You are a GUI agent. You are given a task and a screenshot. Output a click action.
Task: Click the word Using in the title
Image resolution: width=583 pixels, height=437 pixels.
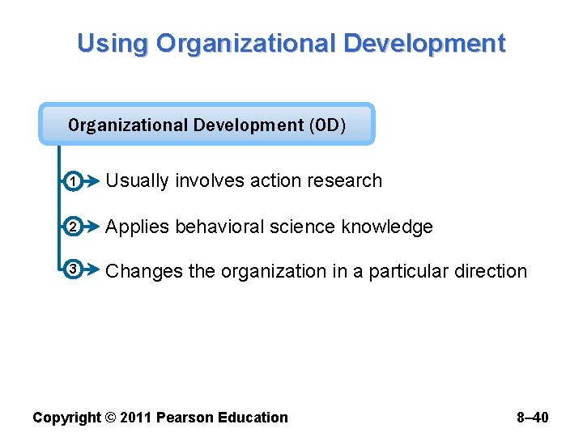click(113, 43)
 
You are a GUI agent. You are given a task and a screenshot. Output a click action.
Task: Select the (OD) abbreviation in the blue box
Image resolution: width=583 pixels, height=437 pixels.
click(326, 125)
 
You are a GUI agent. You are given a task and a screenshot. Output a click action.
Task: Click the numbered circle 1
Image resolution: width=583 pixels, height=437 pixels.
click(73, 182)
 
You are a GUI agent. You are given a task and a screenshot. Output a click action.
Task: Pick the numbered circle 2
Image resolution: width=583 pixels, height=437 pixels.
click(73, 227)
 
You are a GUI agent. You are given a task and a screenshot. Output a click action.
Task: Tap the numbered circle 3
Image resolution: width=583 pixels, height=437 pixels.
click(73, 270)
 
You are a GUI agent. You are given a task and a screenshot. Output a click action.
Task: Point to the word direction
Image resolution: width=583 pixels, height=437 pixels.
click(491, 271)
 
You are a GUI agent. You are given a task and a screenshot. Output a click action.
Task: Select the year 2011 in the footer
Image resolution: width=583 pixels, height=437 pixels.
click(135, 418)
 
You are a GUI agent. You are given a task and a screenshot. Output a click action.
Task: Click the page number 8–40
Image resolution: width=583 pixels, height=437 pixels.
click(533, 418)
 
